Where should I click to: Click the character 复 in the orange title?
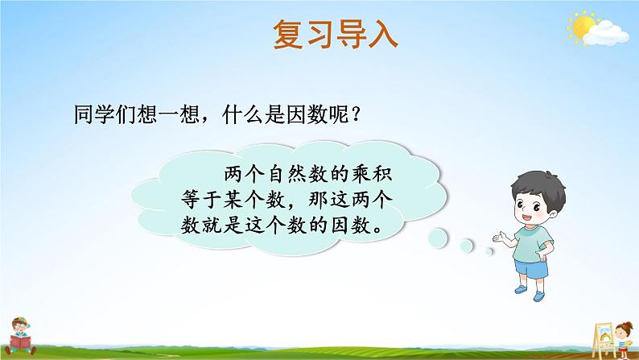(x=289, y=35)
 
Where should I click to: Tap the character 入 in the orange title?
(x=382, y=35)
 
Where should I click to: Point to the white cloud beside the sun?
(x=606, y=33)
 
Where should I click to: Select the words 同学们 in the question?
(x=105, y=114)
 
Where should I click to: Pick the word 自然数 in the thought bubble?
(x=298, y=175)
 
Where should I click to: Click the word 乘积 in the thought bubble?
(x=371, y=175)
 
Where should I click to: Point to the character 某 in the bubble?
(x=233, y=200)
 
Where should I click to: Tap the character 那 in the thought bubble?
(x=318, y=200)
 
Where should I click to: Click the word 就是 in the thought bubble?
(x=222, y=225)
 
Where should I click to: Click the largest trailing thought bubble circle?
(x=438, y=238)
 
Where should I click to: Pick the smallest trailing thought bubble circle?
(x=489, y=251)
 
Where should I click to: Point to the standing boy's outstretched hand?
(x=500, y=237)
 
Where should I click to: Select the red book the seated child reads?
(x=20, y=342)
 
